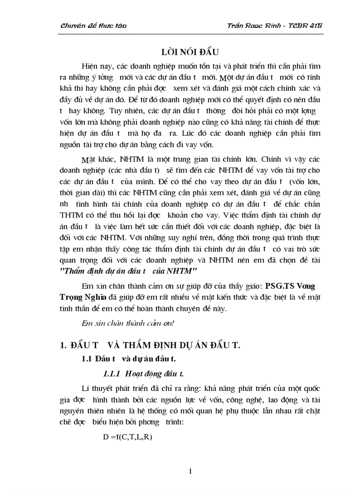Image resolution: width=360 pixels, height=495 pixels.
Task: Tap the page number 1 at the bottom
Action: (190, 472)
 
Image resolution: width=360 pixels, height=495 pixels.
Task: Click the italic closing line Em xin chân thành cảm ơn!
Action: (128, 322)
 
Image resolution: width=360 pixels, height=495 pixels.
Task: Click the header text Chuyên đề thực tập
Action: (94, 26)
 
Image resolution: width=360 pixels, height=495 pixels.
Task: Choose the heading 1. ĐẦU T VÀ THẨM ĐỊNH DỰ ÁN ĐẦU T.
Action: (150, 345)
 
